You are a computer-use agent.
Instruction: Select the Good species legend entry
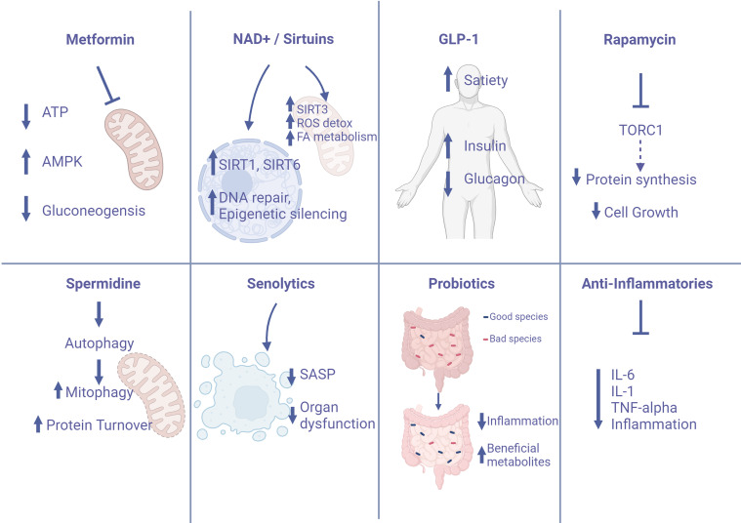click(522, 315)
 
